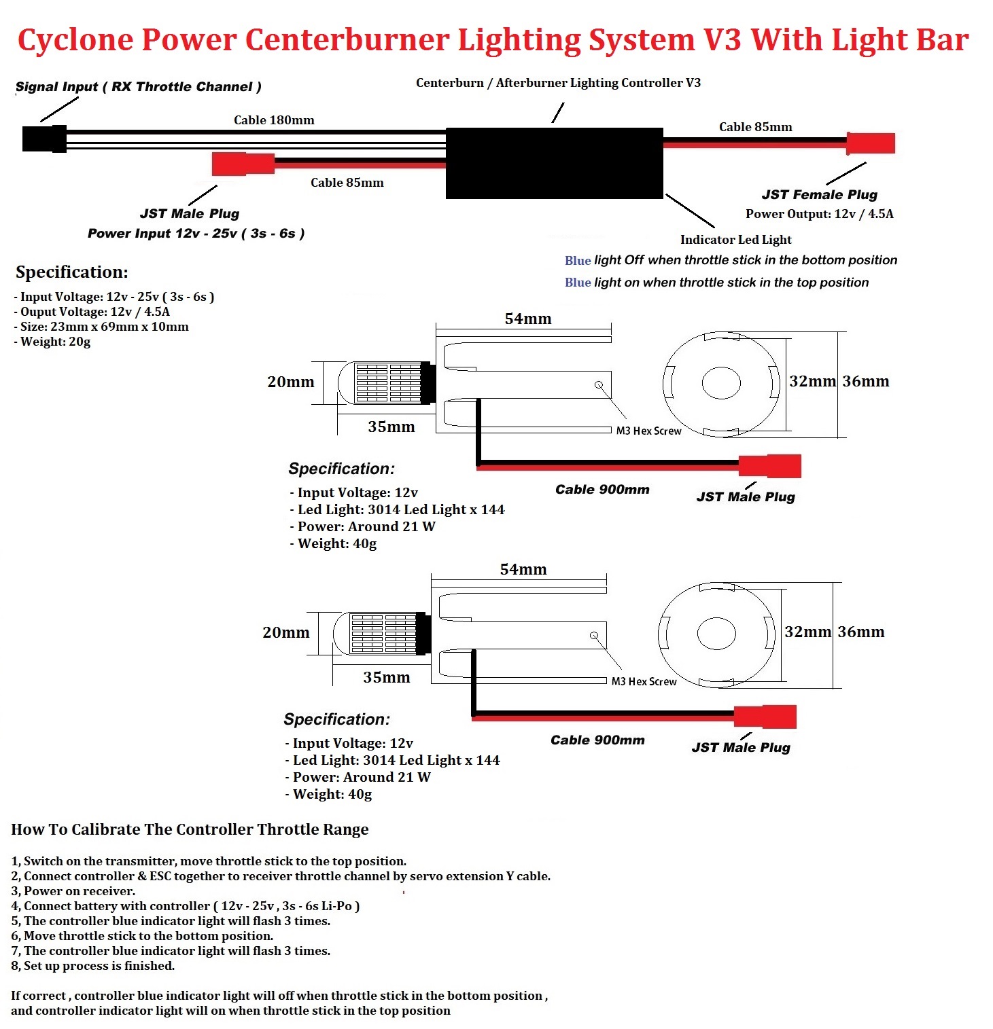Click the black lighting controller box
[x=554, y=163]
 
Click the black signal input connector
[x=44, y=139]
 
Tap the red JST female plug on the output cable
[x=871, y=143]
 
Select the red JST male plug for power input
[x=243, y=164]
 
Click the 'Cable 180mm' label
[x=274, y=120]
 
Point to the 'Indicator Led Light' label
[x=736, y=240]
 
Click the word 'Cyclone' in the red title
[x=75, y=39]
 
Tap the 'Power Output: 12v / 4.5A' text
[x=820, y=214]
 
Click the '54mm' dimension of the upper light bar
[x=528, y=319]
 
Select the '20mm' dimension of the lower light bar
[x=286, y=632]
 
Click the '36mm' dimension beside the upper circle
[x=866, y=381]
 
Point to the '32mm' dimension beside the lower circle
[x=808, y=632]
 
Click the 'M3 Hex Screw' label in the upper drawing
[x=648, y=431]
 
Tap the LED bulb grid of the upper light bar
[x=388, y=383]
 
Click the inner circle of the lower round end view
[x=716, y=634]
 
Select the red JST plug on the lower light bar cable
[x=765, y=717]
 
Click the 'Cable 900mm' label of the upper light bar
[x=602, y=490]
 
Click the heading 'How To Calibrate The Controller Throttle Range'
[x=190, y=829]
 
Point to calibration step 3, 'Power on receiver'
[x=73, y=891]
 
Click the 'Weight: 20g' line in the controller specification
[x=52, y=342]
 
